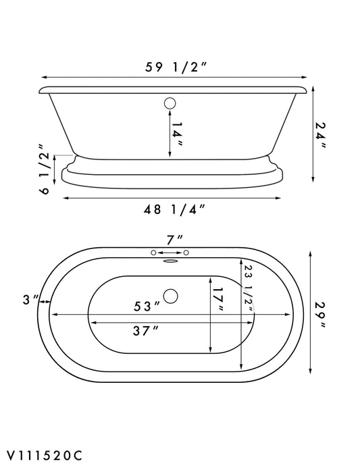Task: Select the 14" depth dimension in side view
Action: [178, 134]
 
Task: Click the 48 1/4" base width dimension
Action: [172, 209]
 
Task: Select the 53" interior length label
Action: [147, 305]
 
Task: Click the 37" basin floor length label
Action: [146, 330]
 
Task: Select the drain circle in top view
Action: [171, 295]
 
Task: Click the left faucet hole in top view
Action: [154, 253]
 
